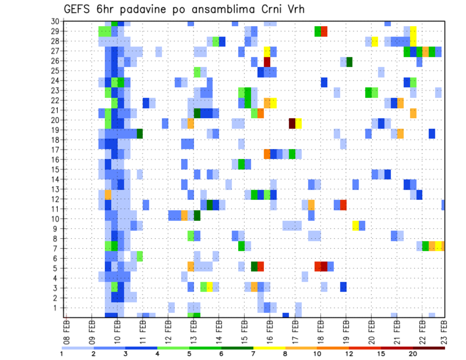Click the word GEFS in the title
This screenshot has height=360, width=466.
click(77, 9)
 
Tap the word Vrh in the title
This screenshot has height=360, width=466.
click(294, 9)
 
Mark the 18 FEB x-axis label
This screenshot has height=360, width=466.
click(320, 329)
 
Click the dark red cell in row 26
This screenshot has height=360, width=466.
click(267, 62)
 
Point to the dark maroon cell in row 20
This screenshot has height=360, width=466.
click(292, 123)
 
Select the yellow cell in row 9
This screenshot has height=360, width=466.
click(356, 225)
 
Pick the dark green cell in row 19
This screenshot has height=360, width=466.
click(140, 133)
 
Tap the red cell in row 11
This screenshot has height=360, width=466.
click(343, 205)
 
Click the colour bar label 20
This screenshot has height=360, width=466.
click(413, 354)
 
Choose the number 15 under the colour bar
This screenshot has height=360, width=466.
click(381, 354)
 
